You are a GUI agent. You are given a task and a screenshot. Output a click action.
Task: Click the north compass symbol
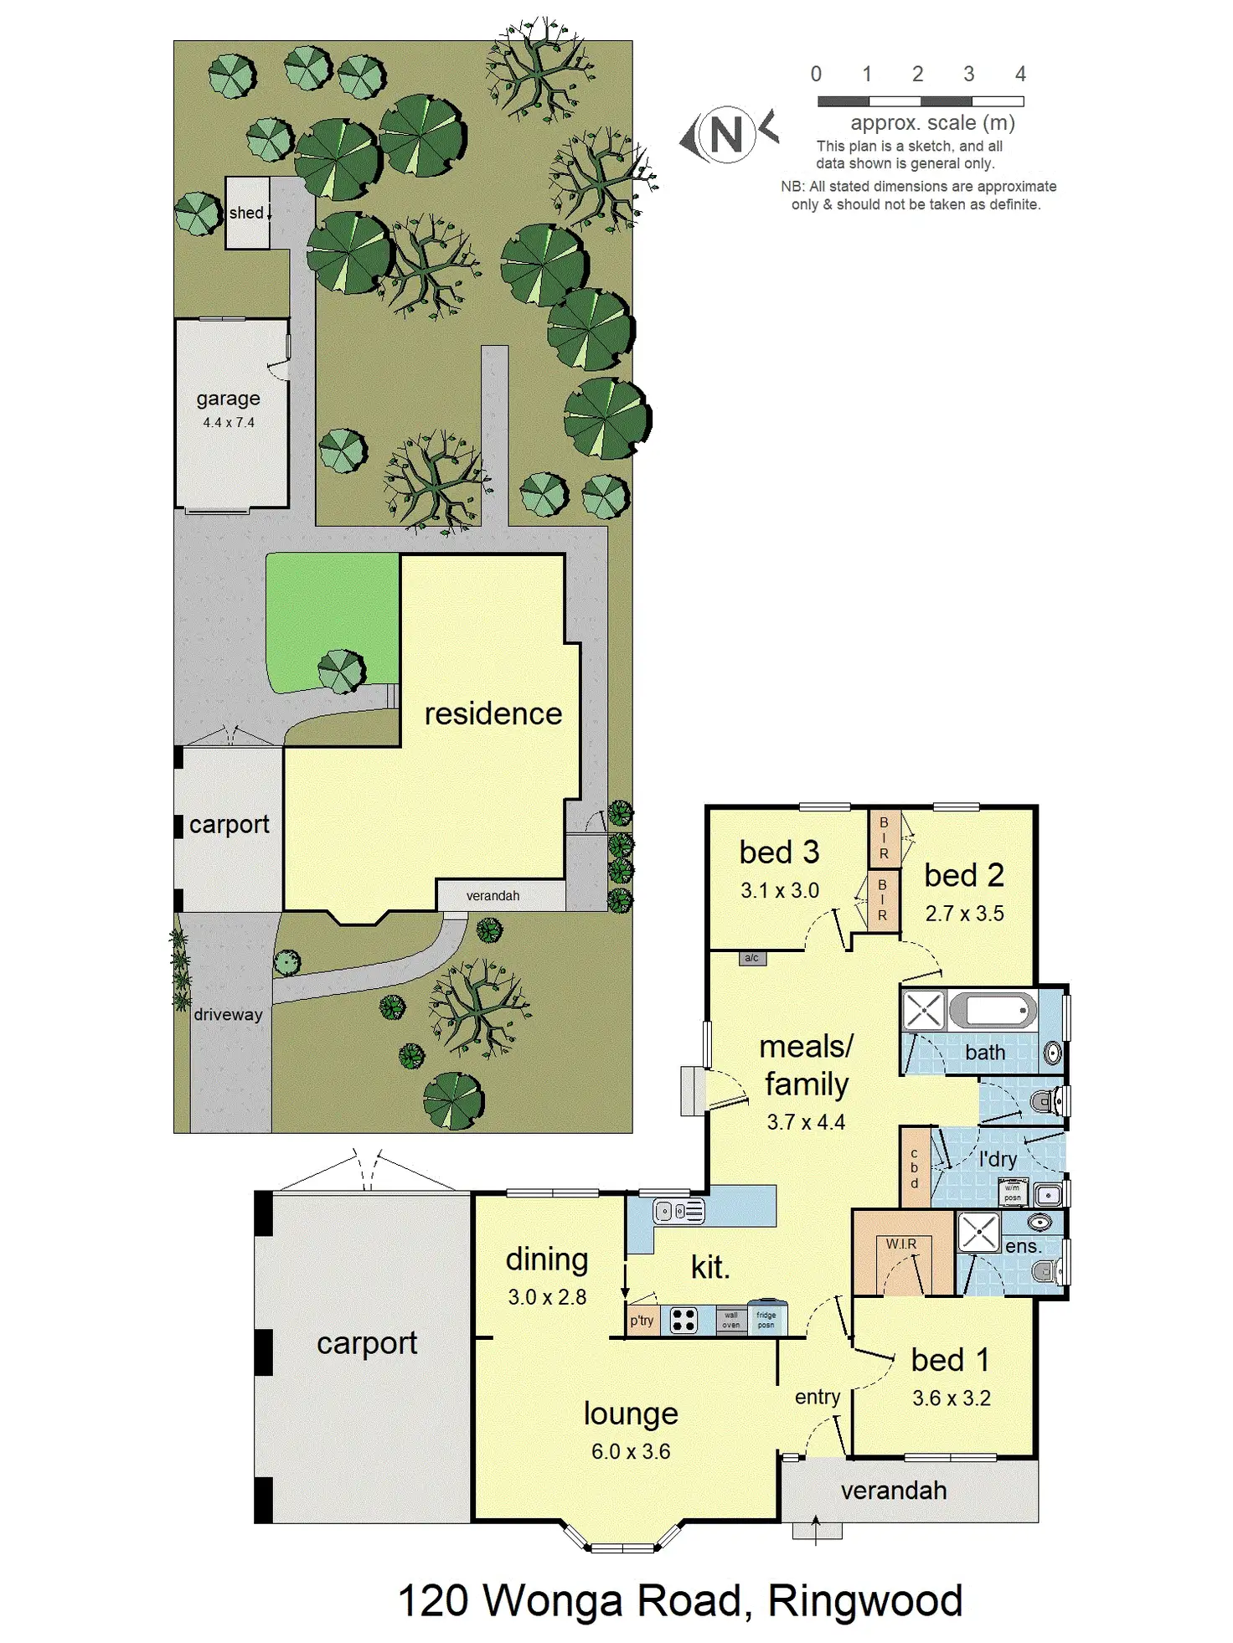[x=727, y=134]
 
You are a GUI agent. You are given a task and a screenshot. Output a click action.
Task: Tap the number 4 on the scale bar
[x=1019, y=75]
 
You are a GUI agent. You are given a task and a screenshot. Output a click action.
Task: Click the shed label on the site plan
[x=246, y=213]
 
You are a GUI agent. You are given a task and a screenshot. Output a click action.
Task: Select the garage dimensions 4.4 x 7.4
[x=229, y=423]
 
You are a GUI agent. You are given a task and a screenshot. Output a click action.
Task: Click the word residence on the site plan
[x=493, y=713]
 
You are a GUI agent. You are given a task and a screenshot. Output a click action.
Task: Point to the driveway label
[x=228, y=1014]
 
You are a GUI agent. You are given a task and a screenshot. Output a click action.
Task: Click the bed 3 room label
[x=779, y=852]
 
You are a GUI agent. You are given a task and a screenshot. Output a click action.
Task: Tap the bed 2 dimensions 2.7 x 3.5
[x=964, y=914]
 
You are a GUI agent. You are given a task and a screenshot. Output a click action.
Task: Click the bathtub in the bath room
[x=993, y=1010]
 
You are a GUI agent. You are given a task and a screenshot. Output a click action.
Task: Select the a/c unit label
[x=752, y=958]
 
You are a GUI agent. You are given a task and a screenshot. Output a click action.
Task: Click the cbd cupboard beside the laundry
[x=914, y=1168]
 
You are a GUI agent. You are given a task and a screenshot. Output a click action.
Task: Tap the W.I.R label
[x=901, y=1244]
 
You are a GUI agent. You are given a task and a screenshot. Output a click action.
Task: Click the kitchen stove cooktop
[x=684, y=1321]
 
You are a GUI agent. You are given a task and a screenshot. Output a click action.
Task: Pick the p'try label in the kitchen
[x=642, y=1321]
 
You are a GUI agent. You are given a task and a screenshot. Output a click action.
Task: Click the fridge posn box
[x=766, y=1320]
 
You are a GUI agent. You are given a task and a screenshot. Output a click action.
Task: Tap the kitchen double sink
[x=678, y=1211]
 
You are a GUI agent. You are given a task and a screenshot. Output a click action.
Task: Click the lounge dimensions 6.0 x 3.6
[x=631, y=1451]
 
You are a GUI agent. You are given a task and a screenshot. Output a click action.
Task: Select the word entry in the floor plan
[x=818, y=1397]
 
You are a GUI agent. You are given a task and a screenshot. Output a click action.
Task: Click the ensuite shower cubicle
[x=978, y=1232]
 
